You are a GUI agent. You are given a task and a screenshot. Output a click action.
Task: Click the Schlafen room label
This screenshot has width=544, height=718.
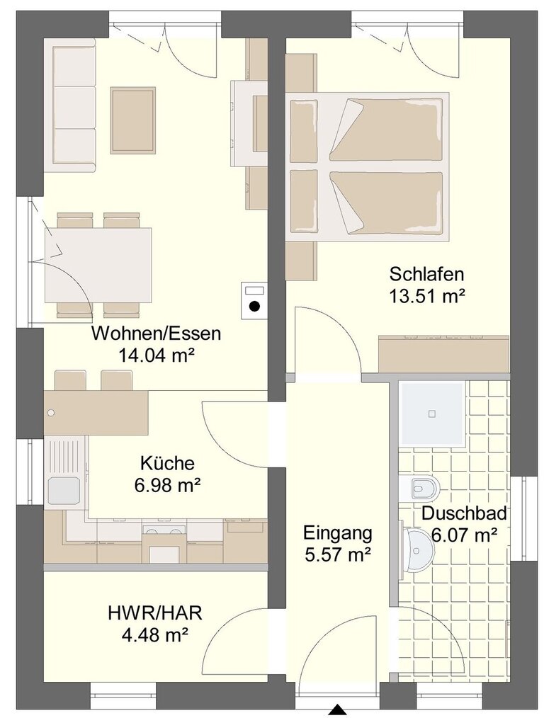(x=426, y=274)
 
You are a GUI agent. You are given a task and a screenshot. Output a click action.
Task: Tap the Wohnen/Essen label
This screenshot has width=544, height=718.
(x=156, y=334)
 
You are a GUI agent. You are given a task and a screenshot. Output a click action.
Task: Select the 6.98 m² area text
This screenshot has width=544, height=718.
(x=168, y=484)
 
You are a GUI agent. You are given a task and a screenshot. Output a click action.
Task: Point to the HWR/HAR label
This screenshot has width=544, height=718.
(x=155, y=612)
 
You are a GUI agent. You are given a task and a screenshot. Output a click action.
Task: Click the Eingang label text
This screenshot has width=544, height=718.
(x=337, y=533)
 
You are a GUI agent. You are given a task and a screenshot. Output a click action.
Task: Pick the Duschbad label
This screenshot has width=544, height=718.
(x=465, y=514)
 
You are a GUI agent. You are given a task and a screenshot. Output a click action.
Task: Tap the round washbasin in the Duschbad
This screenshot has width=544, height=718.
(x=418, y=549)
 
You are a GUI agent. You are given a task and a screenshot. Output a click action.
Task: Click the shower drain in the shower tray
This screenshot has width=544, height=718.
(x=431, y=414)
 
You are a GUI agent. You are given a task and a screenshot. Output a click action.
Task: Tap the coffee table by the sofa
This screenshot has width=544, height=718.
(x=132, y=120)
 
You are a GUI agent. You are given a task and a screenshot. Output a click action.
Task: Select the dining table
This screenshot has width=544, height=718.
(x=98, y=266)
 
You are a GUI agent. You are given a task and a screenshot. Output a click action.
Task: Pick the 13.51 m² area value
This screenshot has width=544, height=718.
(x=427, y=296)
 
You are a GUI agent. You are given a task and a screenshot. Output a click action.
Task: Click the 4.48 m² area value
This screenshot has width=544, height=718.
(x=155, y=634)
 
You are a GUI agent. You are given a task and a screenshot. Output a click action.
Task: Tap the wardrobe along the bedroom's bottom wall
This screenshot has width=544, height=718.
(x=443, y=354)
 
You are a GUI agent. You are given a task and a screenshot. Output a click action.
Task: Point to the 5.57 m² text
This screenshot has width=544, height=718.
(x=337, y=555)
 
